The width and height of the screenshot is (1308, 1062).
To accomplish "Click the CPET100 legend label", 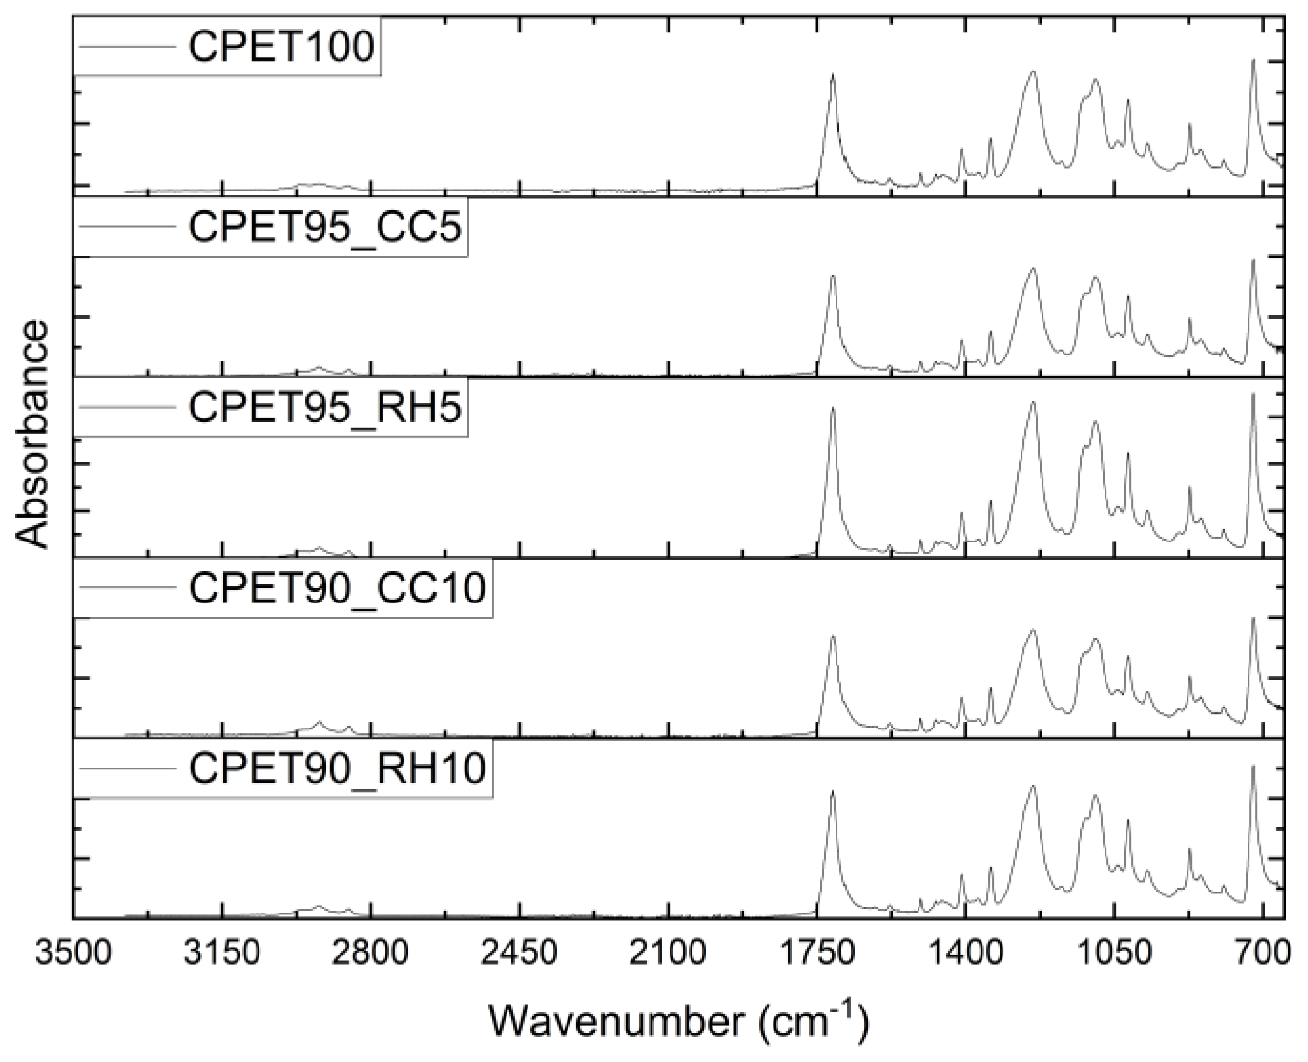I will point(280,48).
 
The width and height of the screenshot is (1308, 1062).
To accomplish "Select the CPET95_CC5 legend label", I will point(324,228).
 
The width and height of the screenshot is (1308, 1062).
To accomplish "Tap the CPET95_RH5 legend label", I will point(324,408).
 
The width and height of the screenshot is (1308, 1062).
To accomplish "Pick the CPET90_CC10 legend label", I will point(337,588).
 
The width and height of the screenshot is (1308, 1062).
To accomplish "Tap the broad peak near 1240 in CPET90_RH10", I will point(1033,787).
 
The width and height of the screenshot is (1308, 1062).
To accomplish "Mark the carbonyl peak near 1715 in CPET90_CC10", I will point(832,636).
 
